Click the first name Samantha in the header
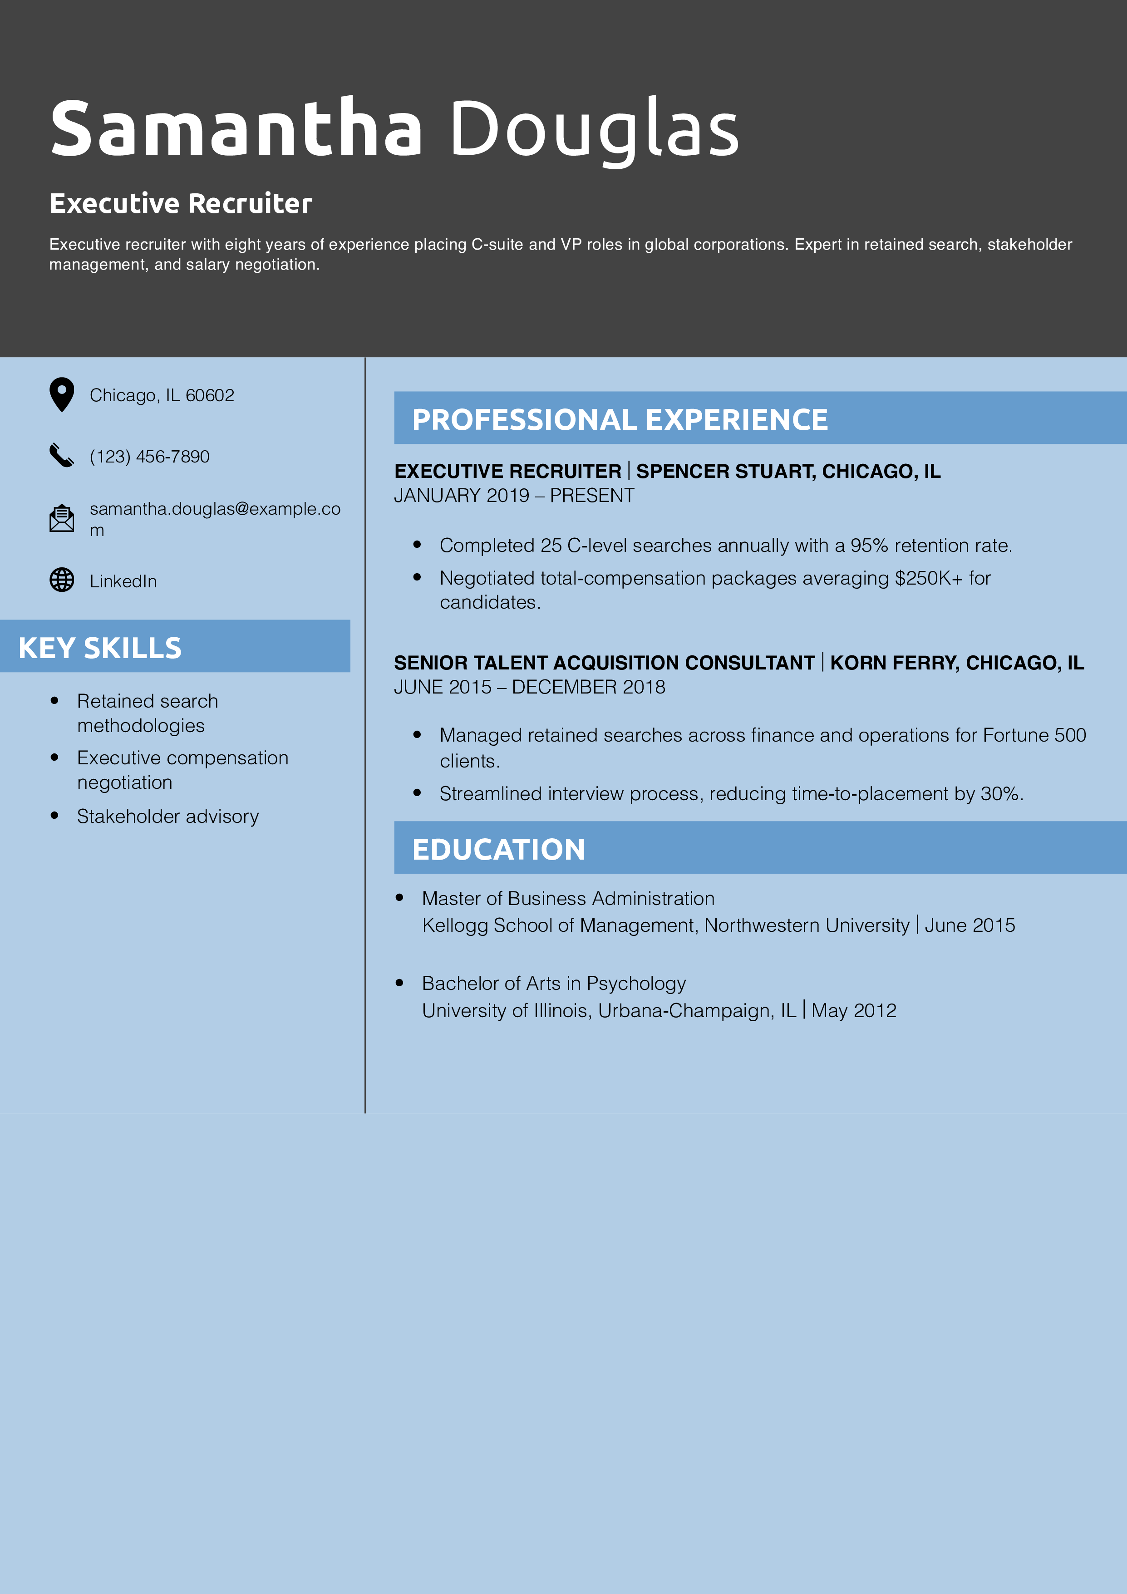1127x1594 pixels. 236,128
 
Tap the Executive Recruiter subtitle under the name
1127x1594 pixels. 181,203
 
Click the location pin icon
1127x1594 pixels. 62,394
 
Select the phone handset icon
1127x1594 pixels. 61,455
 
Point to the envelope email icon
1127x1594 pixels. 62,518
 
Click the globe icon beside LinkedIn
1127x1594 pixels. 62,580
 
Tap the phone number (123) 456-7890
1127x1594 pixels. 149,457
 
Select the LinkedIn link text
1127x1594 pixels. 123,582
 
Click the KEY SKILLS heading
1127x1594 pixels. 100,648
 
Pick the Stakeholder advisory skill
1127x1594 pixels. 167,817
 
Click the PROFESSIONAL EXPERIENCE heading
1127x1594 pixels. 620,419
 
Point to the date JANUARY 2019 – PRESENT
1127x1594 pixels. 514,496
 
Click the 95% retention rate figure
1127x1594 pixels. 869,546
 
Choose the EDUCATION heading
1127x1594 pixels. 498,849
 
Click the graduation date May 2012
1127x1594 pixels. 853,1011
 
